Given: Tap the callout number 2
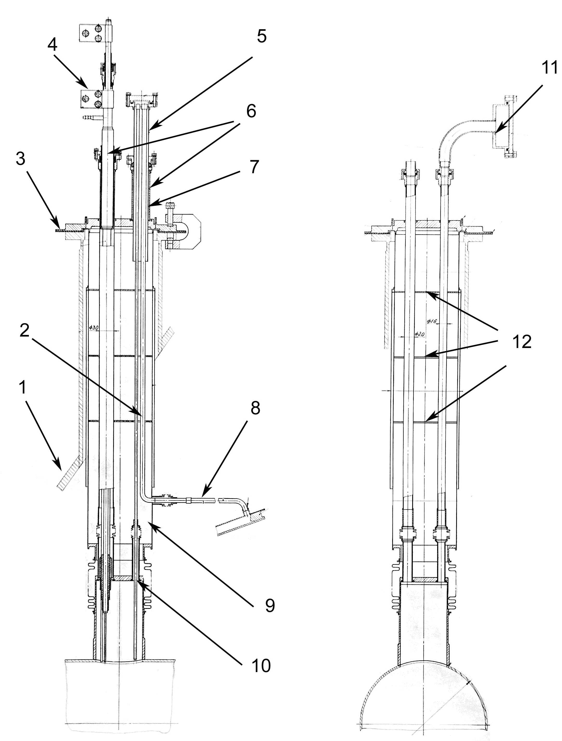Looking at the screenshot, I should click(24, 331).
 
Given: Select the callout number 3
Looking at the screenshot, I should click(21, 158).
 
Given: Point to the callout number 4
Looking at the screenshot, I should click(52, 45).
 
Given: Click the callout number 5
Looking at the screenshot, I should click(262, 36).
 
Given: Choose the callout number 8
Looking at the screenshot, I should click(255, 408).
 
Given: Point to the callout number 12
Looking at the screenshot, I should click(522, 342).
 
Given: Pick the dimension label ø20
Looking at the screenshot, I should click(419, 334).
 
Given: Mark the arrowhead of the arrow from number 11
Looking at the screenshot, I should click(496, 134).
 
